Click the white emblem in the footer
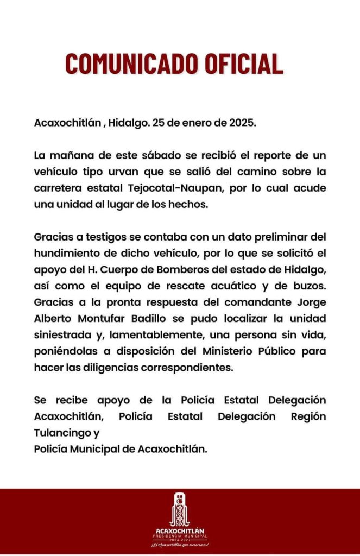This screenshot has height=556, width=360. [x=180, y=510]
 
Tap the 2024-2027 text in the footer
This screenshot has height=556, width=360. [x=180, y=540]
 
